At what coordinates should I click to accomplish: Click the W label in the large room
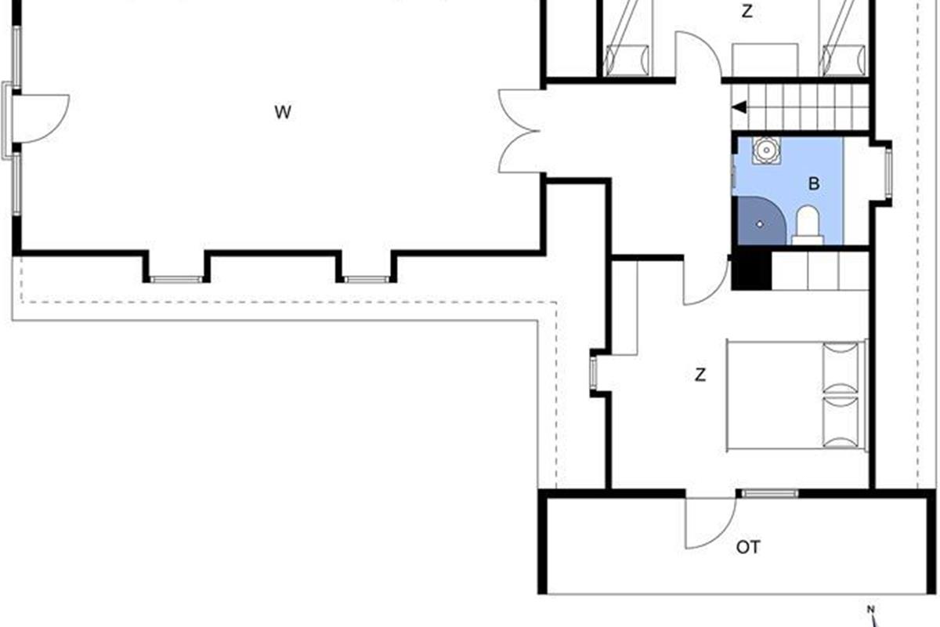pos(283,112)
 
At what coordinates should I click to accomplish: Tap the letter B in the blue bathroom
pos(814,184)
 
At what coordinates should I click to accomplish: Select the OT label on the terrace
pos(748,547)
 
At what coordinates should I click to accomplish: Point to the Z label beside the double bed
pos(700,375)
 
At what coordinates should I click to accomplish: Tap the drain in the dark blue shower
pos(759,224)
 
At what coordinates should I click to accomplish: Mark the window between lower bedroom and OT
pos(769,494)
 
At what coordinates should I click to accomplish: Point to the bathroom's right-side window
pos(888,173)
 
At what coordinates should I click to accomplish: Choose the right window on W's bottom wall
pos(366,279)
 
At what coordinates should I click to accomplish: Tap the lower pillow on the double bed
pos(841,424)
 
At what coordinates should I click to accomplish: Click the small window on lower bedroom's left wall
pos(594,372)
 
